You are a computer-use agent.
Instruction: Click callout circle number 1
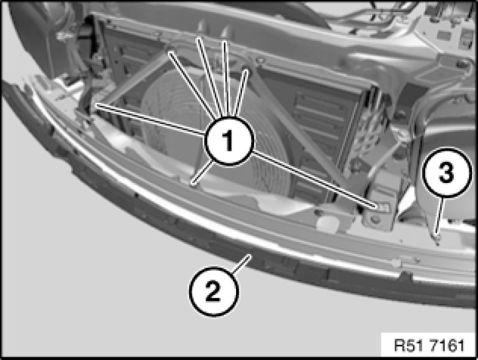pyautogui.click(x=229, y=141)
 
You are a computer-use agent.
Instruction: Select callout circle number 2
pyautogui.click(x=214, y=291)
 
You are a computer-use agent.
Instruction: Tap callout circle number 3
pyautogui.click(x=447, y=173)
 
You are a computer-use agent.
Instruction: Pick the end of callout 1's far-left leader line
pyautogui.click(x=97, y=105)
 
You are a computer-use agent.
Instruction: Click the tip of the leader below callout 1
pyautogui.click(x=193, y=183)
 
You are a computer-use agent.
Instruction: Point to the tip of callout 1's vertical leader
pyautogui.click(x=225, y=42)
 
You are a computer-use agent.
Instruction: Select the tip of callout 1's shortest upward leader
pyautogui.click(x=245, y=70)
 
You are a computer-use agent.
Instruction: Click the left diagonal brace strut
pyautogui.click(x=136, y=80)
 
